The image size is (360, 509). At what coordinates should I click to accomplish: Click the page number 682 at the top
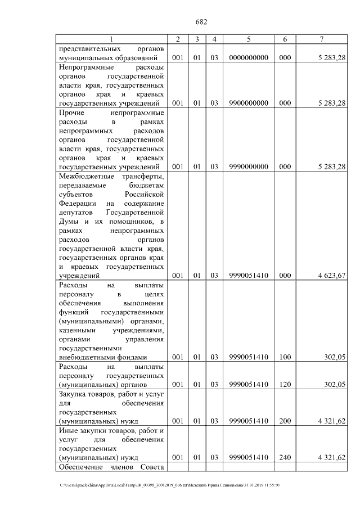(x=201, y=22)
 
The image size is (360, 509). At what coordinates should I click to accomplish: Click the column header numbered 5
(x=248, y=39)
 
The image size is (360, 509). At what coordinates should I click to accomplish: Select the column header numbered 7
(x=321, y=39)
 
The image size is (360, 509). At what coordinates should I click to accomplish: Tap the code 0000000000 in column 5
(x=248, y=57)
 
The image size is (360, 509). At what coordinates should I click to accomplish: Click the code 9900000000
(x=248, y=103)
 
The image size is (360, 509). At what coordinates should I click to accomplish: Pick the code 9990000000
(x=248, y=166)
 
